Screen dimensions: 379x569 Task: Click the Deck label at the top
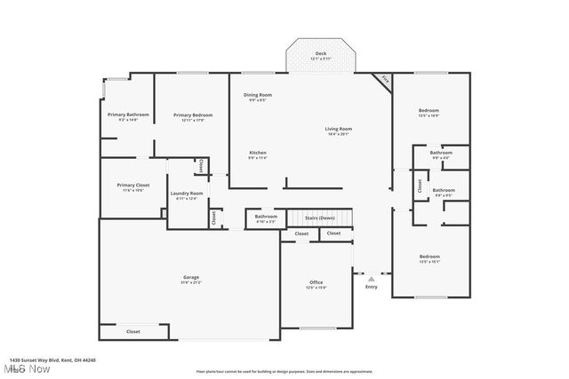click(x=320, y=54)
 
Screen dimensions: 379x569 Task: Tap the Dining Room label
click(x=258, y=95)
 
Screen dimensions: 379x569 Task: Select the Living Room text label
click(x=338, y=130)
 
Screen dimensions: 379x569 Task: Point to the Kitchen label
click(x=258, y=154)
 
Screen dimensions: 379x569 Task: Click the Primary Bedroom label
click(x=193, y=115)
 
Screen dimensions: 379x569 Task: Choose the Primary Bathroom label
click(x=128, y=115)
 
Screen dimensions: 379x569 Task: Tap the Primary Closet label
click(x=132, y=186)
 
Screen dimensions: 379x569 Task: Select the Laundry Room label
click(x=189, y=193)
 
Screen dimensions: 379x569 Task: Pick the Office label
click(x=317, y=282)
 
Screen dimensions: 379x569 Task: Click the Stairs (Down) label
click(x=320, y=217)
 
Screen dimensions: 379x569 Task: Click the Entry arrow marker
click(x=371, y=278)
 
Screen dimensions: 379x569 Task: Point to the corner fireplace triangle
click(x=383, y=80)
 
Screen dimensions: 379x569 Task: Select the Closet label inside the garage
click(x=132, y=331)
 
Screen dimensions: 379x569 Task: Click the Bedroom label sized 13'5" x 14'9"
click(x=429, y=111)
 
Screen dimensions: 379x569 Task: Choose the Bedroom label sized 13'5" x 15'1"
click(x=429, y=257)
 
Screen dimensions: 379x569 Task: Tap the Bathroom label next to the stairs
click(x=266, y=217)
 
